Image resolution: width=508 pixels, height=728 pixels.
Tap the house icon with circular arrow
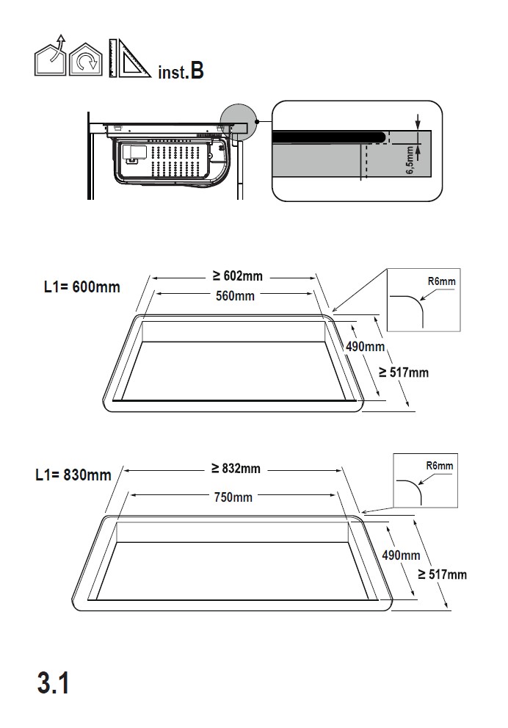(x=86, y=60)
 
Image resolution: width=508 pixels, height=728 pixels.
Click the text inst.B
(x=180, y=72)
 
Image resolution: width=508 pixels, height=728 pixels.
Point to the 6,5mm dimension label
(x=410, y=160)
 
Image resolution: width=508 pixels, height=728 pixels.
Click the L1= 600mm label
(x=81, y=286)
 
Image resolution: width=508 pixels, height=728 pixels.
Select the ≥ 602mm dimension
(x=237, y=276)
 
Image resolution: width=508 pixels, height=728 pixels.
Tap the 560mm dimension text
(x=235, y=296)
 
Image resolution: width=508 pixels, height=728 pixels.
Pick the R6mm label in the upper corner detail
(x=441, y=281)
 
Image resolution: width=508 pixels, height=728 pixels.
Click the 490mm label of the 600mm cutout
(x=365, y=347)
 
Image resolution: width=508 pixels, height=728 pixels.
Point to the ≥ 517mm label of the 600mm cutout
(x=403, y=372)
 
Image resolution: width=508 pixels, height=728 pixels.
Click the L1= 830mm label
(x=73, y=475)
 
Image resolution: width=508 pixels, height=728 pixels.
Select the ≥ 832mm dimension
(x=236, y=469)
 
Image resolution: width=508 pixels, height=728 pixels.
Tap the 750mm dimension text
(x=233, y=497)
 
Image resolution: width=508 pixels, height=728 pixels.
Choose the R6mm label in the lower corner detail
(x=440, y=466)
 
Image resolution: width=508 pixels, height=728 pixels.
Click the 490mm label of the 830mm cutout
(x=401, y=555)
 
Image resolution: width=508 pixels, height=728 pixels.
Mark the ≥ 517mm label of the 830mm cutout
(x=442, y=574)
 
